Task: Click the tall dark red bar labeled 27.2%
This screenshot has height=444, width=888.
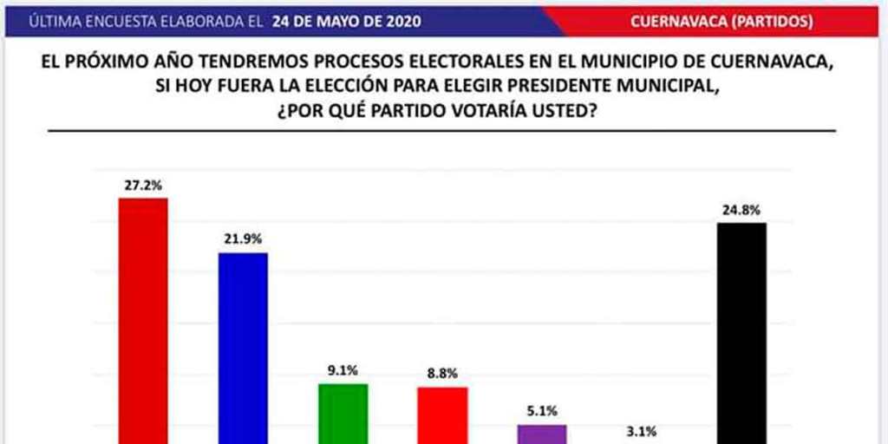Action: [143, 321]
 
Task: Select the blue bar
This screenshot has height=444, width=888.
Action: [242, 347]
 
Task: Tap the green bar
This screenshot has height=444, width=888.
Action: [343, 413]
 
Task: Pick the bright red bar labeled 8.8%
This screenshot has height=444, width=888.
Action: [442, 415]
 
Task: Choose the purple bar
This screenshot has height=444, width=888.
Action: [542, 434]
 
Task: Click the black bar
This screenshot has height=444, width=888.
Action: [741, 333]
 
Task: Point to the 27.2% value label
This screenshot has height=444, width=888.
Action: [143, 184]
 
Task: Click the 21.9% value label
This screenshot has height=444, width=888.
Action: [242, 238]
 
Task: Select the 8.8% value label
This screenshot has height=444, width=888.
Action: [442, 373]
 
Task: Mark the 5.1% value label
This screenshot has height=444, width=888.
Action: [542, 411]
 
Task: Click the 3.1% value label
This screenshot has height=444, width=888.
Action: [642, 429]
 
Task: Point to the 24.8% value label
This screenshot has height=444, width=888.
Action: [741, 208]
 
